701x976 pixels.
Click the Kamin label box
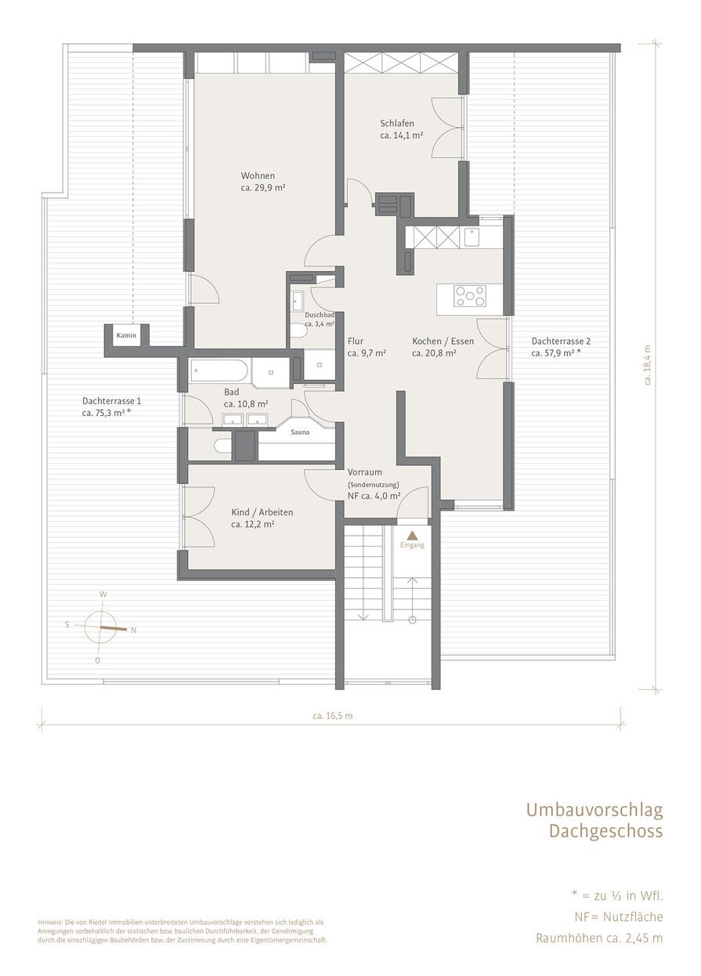pos(126,335)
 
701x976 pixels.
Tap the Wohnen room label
pos(258,175)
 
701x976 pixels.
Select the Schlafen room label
pos(397,123)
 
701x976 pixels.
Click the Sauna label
pos(300,432)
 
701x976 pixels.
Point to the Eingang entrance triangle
pos(412,535)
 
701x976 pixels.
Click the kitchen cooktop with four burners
pos(470,296)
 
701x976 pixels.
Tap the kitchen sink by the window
pos(472,238)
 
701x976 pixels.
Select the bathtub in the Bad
pos(219,371)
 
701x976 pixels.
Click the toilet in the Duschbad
pos(299,331)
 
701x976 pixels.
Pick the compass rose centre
pos(100,627)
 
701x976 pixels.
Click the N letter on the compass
pos(134,630)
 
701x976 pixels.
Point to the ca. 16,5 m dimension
pos(332,716)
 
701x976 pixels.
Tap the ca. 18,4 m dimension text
pos(648,365)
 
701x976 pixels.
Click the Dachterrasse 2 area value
pos(556,353)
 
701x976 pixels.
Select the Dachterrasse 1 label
pos(111,401)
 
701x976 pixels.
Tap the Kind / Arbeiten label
pos(262,512)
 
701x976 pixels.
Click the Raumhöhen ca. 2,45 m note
pos(599,938)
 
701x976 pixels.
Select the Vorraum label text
pos(365,472)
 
